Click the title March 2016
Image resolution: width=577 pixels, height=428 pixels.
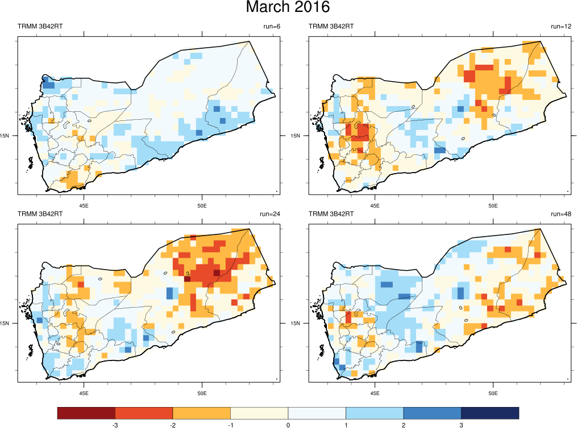pos(288,8)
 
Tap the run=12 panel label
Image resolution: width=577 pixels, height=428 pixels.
pos(561,27)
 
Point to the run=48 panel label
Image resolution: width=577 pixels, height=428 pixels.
pos(561,214)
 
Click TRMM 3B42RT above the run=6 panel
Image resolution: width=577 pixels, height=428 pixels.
pos(40,27)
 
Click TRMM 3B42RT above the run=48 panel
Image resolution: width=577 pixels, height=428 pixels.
pos(331,214)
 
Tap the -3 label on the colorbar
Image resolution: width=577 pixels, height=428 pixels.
pos(115,425)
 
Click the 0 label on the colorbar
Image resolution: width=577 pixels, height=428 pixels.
pos(288,425)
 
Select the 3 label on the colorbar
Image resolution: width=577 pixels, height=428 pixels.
pos(461,425)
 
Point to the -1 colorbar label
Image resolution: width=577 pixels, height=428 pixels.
pos(230,425)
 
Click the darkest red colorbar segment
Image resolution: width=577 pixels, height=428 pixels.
pos(86,413)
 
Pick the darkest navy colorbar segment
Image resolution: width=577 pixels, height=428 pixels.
pos(489,413)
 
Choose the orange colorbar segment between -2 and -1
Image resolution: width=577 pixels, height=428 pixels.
pos(201,413)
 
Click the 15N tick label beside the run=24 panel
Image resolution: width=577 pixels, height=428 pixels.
pos(10,323)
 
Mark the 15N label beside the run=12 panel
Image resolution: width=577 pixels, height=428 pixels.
pos(296,136)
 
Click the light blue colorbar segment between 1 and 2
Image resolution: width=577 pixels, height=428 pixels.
pos(374,413)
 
